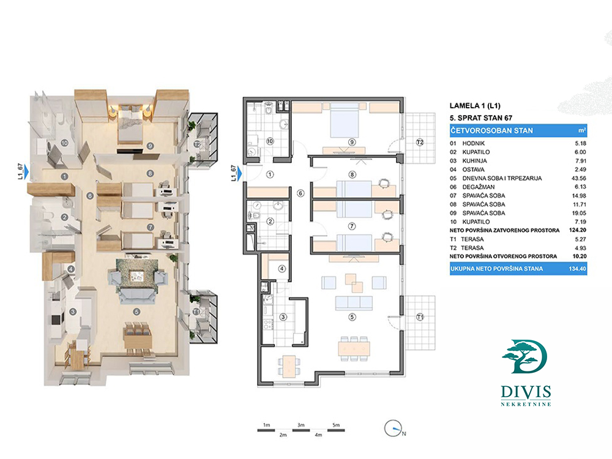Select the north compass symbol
point(394,429)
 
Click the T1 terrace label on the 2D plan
point(420,316)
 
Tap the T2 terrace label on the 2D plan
point(420,142)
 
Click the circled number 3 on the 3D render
point(73,312)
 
